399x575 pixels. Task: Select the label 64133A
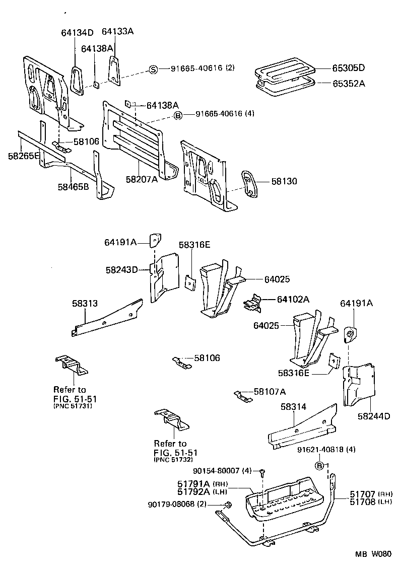(x=117, y=31)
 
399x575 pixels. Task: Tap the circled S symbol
(x=153, y=69)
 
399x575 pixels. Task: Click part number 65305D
(x=348, y=68)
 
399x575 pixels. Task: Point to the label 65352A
(x=348, y=84)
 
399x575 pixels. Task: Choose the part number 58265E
(x=24, y=156)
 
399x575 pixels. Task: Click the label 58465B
(x=73, y=187)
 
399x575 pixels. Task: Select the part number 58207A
(x=142, y=179)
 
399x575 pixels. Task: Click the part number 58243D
(x=121, y=270)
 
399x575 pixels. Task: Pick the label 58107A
(x=270, y=391)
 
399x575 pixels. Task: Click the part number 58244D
(x=374, y=416)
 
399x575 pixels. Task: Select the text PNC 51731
(x=73, y=406)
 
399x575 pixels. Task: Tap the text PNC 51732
(x=173, y=460)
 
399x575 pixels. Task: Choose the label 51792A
(x=193, y=491)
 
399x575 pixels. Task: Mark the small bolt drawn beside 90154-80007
(x=262, y=472)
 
